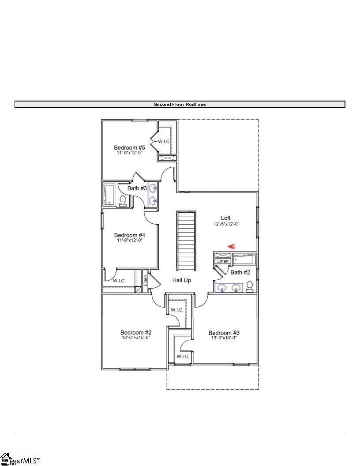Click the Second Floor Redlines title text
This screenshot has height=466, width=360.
tap(180, 105)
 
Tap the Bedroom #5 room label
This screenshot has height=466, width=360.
tap(129, 148)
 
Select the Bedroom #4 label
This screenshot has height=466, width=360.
tap(129, 235)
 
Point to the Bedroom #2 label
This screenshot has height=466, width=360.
tap(136, 332)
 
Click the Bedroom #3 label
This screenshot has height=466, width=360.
tap(224, 333)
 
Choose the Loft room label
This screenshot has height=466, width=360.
tap(226, 218)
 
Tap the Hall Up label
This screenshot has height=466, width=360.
tap(181, 280)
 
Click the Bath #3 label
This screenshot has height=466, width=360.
tap(137, 188)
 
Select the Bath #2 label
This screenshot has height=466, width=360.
tap(240, 272)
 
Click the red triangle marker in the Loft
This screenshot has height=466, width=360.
tap(231, 247)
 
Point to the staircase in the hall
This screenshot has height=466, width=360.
tap(187, 241)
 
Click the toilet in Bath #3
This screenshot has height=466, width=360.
tap(123, 201)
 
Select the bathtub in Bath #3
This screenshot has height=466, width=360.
tap(109, 194)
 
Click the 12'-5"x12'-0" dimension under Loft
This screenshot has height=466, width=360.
tap(226, 224)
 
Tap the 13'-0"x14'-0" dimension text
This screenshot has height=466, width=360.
tap(224, 338)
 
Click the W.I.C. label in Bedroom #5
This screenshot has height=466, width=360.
tap(164, 141)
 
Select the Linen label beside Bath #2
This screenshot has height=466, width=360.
tap(223, 262)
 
